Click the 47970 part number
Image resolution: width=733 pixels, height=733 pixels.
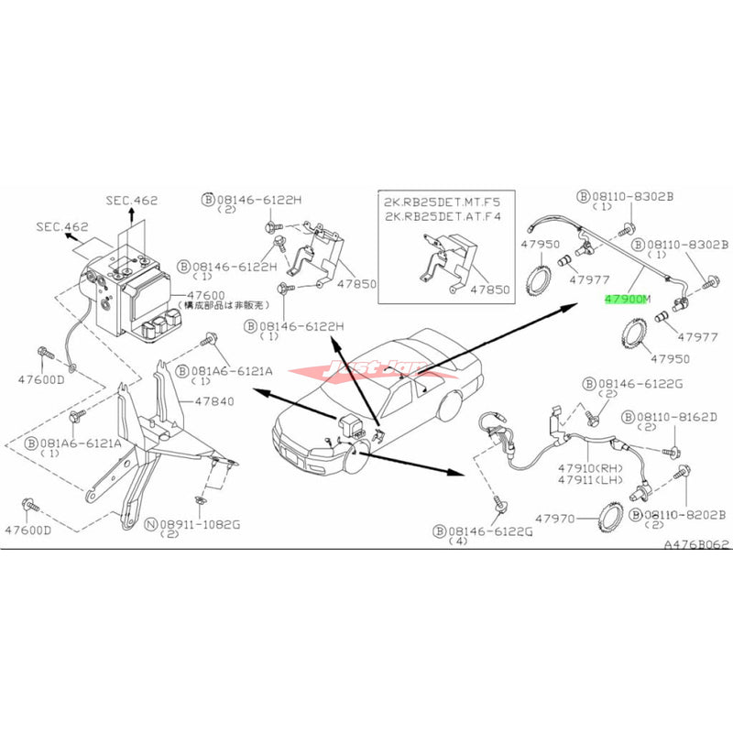coord(556,519)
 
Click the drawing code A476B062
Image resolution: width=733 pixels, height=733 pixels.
coord(696,543)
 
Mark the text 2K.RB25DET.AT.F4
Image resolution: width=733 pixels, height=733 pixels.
coord(443,216)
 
